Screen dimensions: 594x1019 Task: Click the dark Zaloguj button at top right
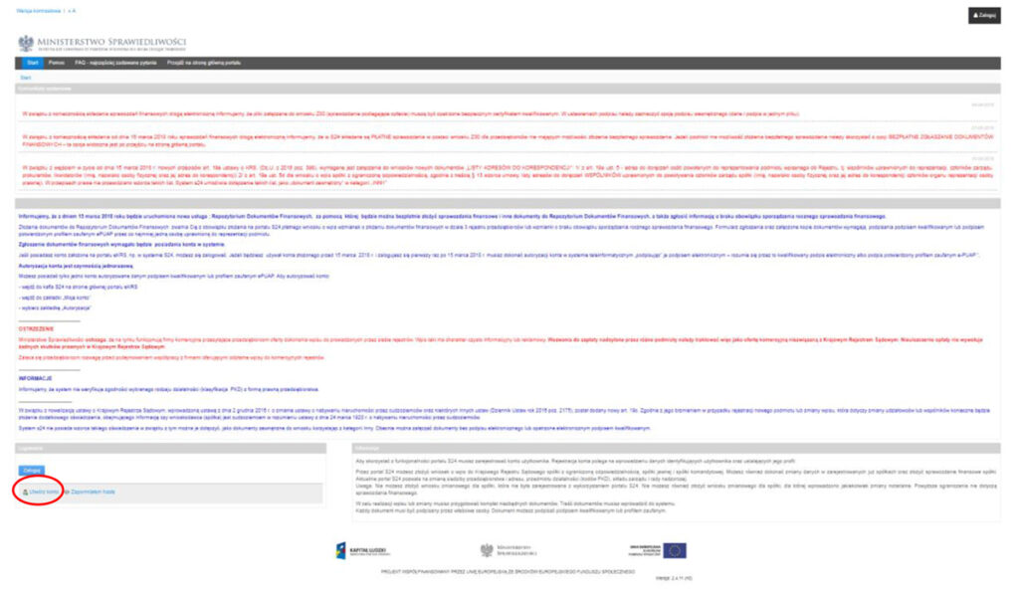tap(983, 17)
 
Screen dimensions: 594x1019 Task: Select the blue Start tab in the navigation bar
tap(33, 62)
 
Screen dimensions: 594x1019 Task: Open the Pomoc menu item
tap(57, 62)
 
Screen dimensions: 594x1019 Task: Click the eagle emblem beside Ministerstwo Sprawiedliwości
tap(25, 43)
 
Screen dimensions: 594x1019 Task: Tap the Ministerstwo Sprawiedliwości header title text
tap(98, 41)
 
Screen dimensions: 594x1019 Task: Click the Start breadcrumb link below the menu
tap(25, 77)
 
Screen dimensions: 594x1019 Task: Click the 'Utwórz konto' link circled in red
tap(43, 492)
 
